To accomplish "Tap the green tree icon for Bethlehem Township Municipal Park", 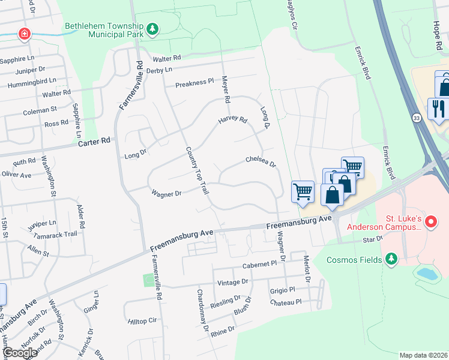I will (153, 29).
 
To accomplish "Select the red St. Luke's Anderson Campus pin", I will (430, 222).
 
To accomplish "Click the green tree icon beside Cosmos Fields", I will (392, 259).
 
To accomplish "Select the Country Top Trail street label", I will (196, 170).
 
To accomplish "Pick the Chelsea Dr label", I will (259, 161).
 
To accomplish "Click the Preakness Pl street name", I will (194, 83).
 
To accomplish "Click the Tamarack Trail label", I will (55, 235).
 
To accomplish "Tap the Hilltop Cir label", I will (142, 322).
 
